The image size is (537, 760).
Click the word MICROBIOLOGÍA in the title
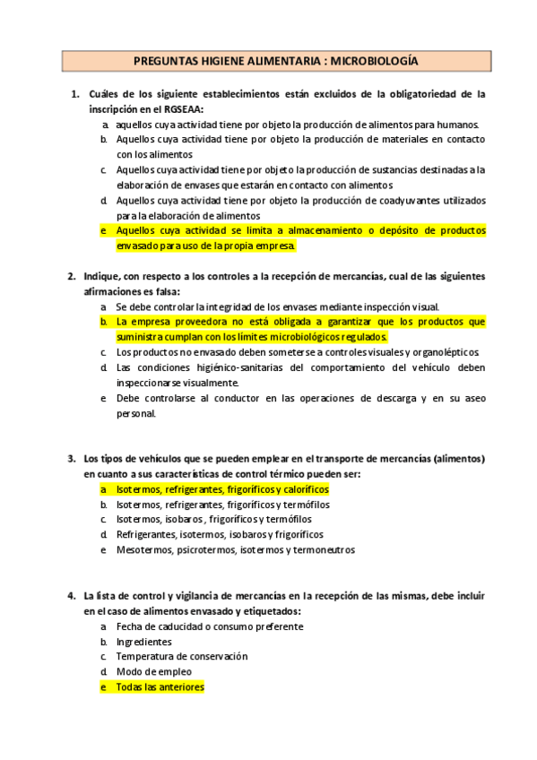click(375, 61)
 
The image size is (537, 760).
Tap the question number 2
click(72, 276)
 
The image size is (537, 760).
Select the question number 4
click(72, 595)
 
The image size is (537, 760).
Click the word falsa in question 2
click(165, 291)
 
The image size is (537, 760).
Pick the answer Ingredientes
click(143, 641)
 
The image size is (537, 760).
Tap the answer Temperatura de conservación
click(181, 656)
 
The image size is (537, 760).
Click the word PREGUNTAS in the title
click(164, 61)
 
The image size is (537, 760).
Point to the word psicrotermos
click(206, 549)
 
